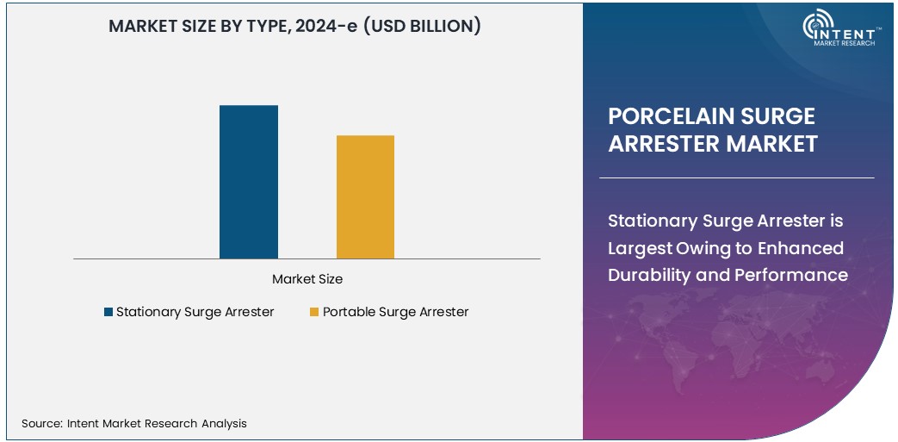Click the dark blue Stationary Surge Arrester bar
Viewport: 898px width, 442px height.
(x=249, y=182)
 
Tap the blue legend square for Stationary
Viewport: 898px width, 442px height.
(x=108, y=312)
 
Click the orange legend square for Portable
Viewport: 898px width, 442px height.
(x=314, y=312)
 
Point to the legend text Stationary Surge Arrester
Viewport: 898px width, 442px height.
(x=195, y=312)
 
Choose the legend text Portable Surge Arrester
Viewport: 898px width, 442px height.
(x=395, y=312)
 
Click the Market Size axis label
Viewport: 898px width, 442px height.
(x=307, y=279)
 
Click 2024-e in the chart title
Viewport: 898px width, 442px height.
(x=323, y=27)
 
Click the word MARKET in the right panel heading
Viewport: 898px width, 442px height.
(x=771, y=143)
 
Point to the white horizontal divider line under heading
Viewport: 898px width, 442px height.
(x=736, y=178)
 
